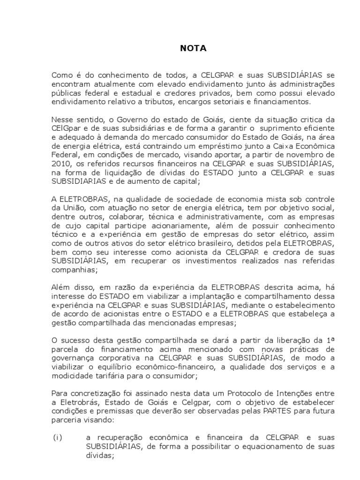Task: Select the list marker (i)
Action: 57,437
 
